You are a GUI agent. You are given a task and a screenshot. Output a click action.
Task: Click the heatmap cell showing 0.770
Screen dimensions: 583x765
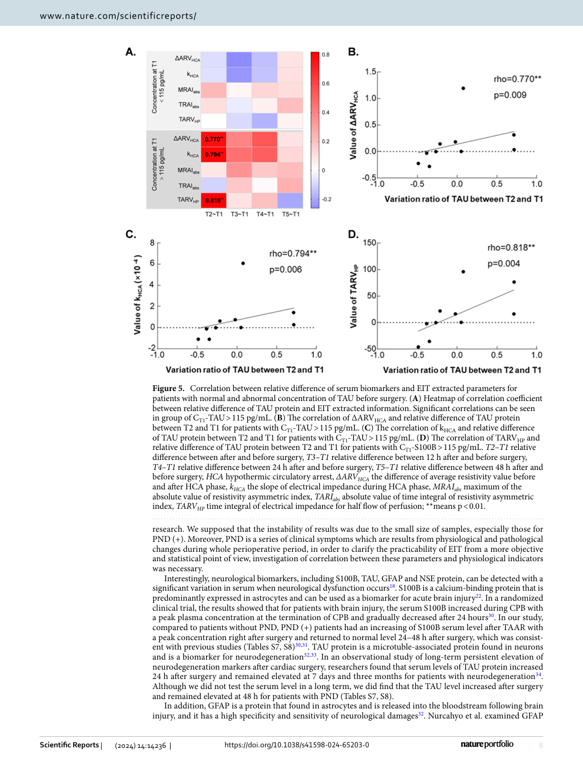click(x=213, y=140)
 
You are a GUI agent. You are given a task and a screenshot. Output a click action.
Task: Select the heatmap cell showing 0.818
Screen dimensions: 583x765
click(x=213, y=200)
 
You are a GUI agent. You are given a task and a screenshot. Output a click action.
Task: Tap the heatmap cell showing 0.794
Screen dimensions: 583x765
click(x=213, y=154)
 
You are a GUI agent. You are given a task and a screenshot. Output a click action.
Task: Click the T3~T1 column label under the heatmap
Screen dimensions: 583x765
click(x=240, y=214)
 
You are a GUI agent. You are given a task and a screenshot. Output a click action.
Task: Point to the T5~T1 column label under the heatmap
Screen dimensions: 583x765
click(x=291, y=214)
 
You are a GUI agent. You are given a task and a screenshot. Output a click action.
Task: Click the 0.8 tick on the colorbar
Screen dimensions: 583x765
click(x=326, y=54)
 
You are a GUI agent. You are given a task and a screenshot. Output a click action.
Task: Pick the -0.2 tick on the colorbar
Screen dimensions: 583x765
click(x=326, y=200)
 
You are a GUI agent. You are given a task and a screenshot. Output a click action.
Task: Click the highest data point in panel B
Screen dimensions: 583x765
click(x=463, y=88)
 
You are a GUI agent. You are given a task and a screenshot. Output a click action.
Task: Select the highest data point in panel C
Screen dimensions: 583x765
click(x=243, y=263)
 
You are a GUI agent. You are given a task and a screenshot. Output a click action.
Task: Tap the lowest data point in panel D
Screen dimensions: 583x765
click(x=418, y=347)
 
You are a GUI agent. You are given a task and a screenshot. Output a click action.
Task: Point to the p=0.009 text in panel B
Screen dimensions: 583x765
click(x=510, y=95)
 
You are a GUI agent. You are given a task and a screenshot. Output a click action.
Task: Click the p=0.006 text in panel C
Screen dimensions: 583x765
click(x=286, y=270)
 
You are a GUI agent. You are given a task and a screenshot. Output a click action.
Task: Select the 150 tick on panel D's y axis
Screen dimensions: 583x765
click(x=369, y=243)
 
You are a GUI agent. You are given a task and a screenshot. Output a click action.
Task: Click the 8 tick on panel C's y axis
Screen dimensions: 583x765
click(x=153, y=243)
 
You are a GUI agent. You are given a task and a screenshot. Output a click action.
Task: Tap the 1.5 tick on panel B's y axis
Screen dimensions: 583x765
click(x=370, y=72)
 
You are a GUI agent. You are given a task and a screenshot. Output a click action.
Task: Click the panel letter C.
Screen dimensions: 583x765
click(x=131, y=234)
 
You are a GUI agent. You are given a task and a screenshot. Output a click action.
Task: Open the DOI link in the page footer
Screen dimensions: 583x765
click(x=297, y=745)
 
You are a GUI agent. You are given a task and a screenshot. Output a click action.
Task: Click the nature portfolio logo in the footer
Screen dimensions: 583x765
click(x=487, y=744)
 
